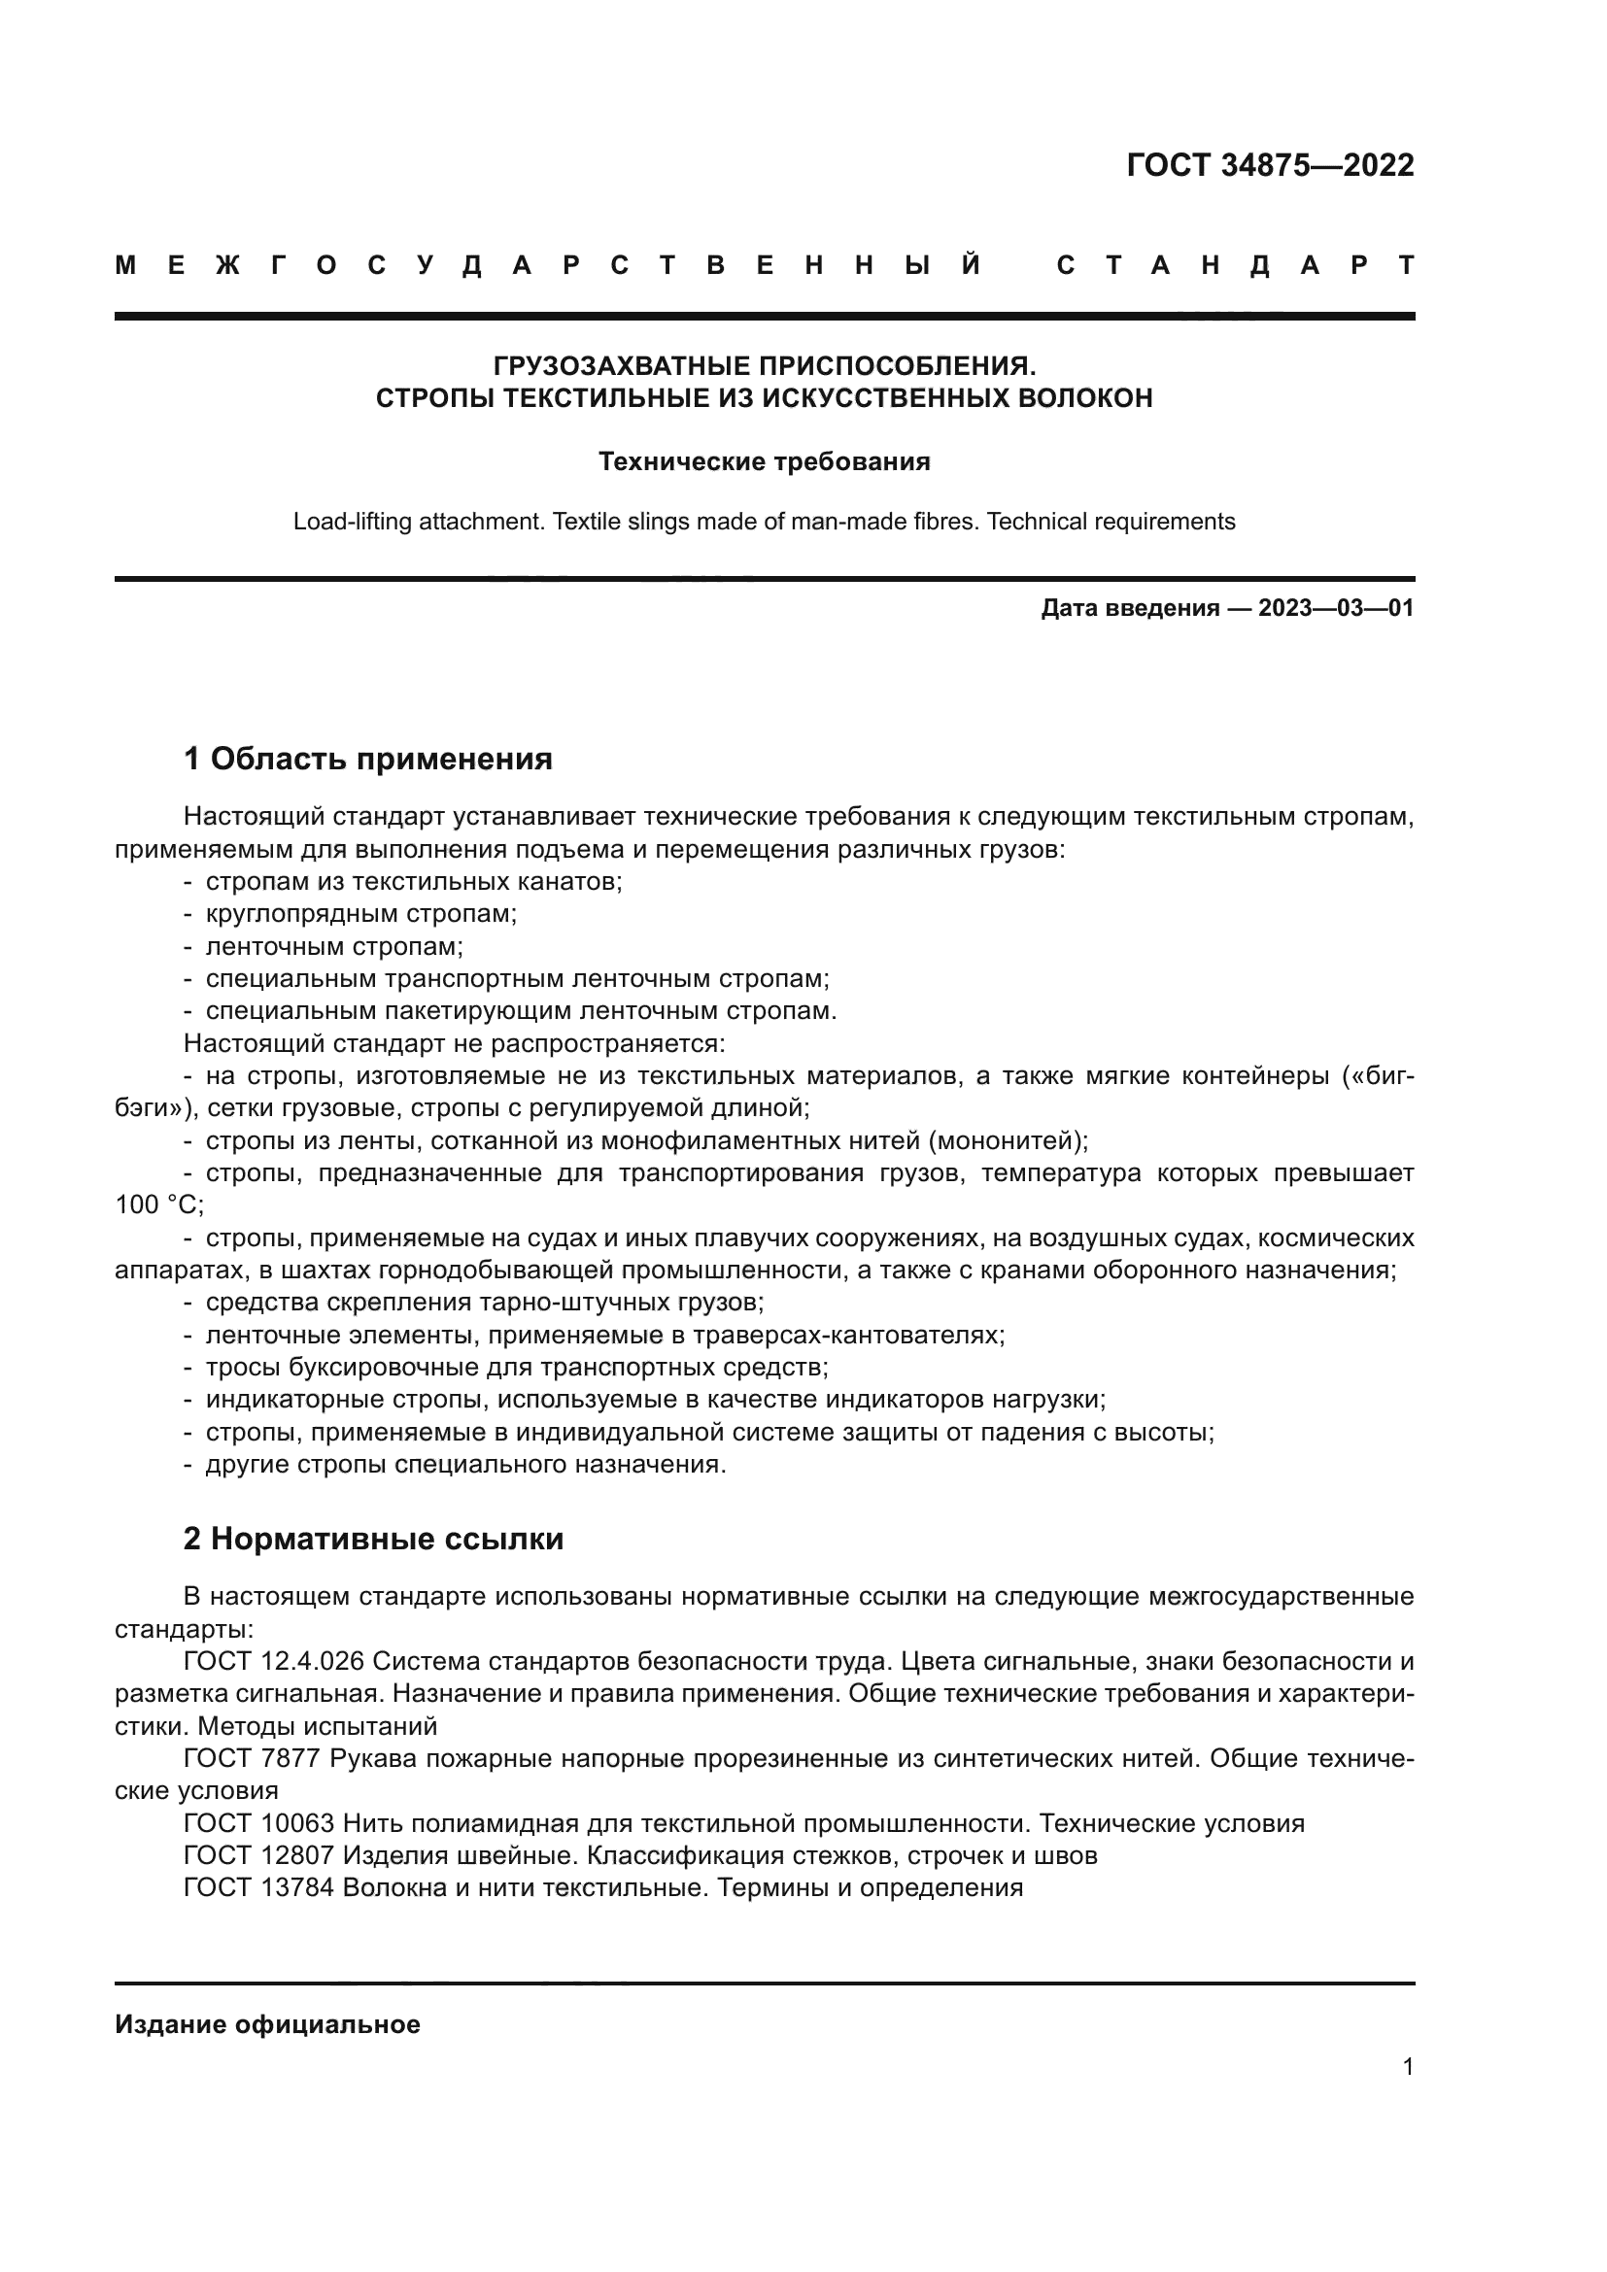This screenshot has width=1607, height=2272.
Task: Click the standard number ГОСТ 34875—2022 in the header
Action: tap(1270, 165)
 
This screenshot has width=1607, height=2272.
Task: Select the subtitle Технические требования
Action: tap(764, 462)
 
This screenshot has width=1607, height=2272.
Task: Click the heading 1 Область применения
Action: tap(367, 759)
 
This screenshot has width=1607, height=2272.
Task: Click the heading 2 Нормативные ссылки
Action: tap(373, 1539)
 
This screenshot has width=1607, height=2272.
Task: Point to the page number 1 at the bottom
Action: tap(1407, 2066)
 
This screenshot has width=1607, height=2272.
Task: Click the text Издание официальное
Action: tap(267, 2024)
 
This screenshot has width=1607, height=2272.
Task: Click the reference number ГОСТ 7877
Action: tap(252, 1758)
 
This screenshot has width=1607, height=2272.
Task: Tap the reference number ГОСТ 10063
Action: tap(259, 1824)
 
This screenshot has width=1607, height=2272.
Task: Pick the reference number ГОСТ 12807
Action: tap(259, 1855)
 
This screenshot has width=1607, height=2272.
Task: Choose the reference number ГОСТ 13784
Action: tap(259, 1888)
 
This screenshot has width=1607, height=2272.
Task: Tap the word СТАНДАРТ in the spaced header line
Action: tap(1236, 265)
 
